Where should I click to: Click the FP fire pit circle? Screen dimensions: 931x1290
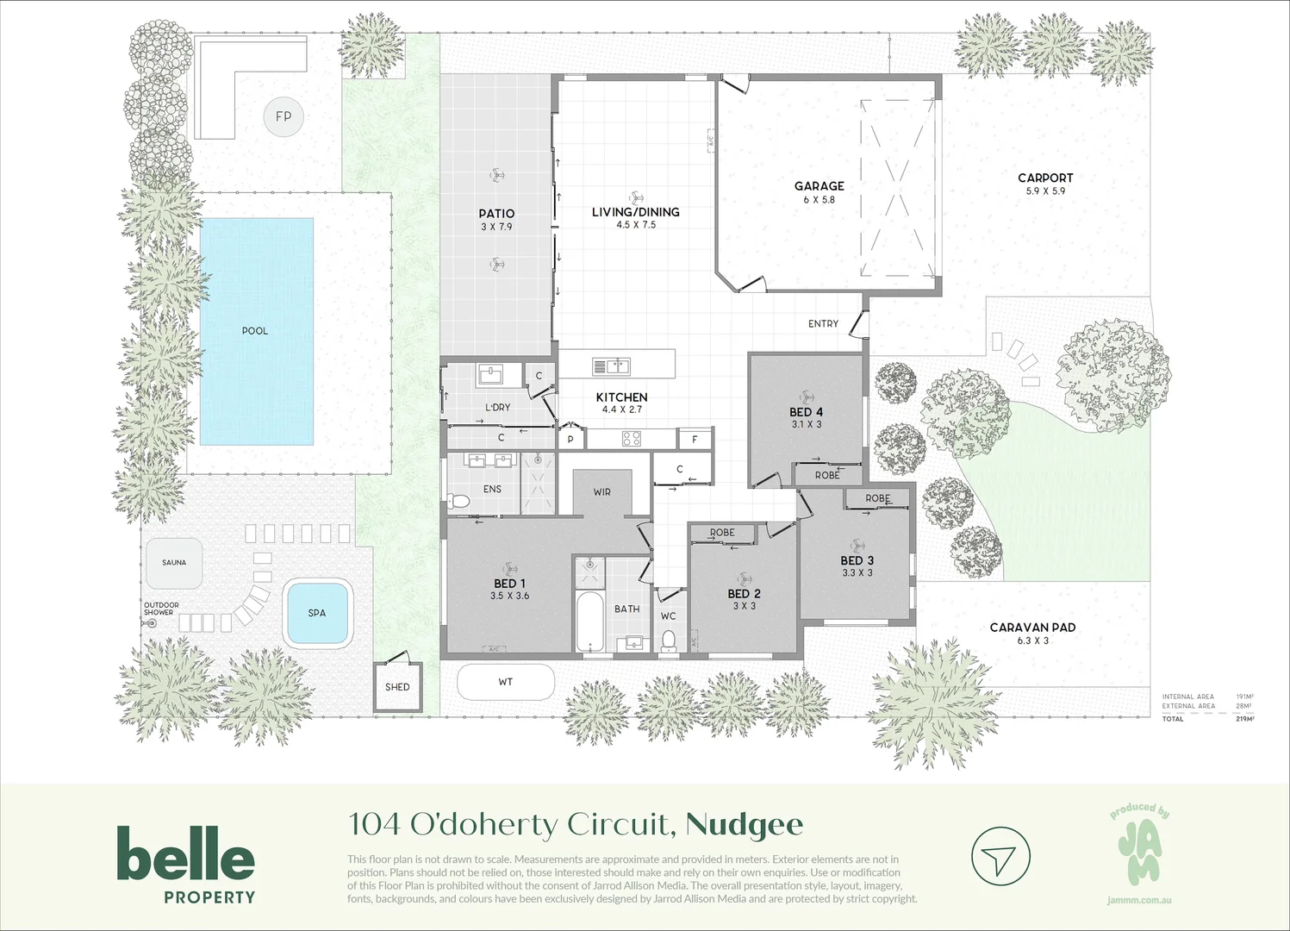click(x=284, y=116)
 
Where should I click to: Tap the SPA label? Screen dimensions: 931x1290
click(x=317, y=613)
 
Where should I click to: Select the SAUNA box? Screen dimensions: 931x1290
click(x=174, y=563)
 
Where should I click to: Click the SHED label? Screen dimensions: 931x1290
click(x=397, y=687)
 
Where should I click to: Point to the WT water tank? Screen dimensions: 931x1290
click(x=505, y=682)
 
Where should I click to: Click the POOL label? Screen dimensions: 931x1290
click(x=255, y=331)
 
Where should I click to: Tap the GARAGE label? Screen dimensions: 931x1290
click(x=819, y=186)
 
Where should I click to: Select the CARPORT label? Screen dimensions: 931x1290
click(x=1045, y=178)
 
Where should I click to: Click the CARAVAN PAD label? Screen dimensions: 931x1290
click(x=1032, y=628)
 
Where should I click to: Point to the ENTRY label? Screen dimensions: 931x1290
click(x=823, y=324)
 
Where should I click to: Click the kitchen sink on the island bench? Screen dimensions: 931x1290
click(x=611, y=366)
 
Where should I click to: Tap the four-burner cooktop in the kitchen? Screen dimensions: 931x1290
click(x=632, y=439)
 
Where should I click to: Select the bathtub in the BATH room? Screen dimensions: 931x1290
click(x=590, y=622)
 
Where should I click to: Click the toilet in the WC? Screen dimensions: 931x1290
click(x=669, y=640)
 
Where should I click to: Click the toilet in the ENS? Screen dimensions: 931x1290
click(x=459, y=501)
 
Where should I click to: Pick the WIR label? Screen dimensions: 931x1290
click(x=602, y=492)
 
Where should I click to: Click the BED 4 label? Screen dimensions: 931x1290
click(x=807, y=412)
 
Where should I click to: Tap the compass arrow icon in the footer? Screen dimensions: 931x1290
click(x=1000, y=857)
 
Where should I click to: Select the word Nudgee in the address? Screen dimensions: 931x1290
click(x=745, y=825)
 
